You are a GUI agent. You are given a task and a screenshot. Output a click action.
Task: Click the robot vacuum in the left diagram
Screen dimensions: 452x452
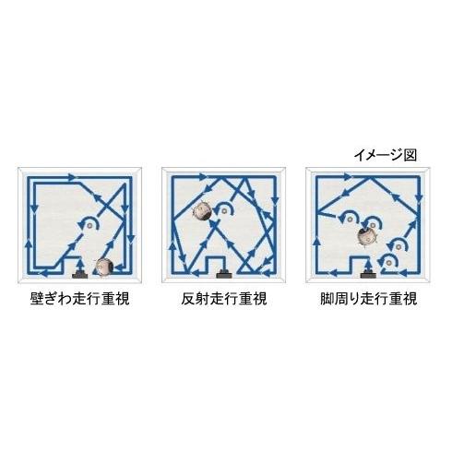104,268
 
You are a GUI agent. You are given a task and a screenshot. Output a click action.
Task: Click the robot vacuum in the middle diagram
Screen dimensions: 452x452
203,211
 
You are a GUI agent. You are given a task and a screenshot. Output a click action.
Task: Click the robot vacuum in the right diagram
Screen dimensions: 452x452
370,238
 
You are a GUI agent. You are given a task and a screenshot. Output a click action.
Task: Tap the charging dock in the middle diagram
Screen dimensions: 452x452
222,274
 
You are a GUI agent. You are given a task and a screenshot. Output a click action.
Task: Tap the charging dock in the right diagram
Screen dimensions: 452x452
370,274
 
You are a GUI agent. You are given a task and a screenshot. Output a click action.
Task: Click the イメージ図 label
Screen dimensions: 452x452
387,156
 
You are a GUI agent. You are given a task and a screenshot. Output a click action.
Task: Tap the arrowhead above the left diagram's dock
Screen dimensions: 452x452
80,259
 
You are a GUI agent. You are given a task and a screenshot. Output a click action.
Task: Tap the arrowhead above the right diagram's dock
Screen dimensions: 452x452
370,262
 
